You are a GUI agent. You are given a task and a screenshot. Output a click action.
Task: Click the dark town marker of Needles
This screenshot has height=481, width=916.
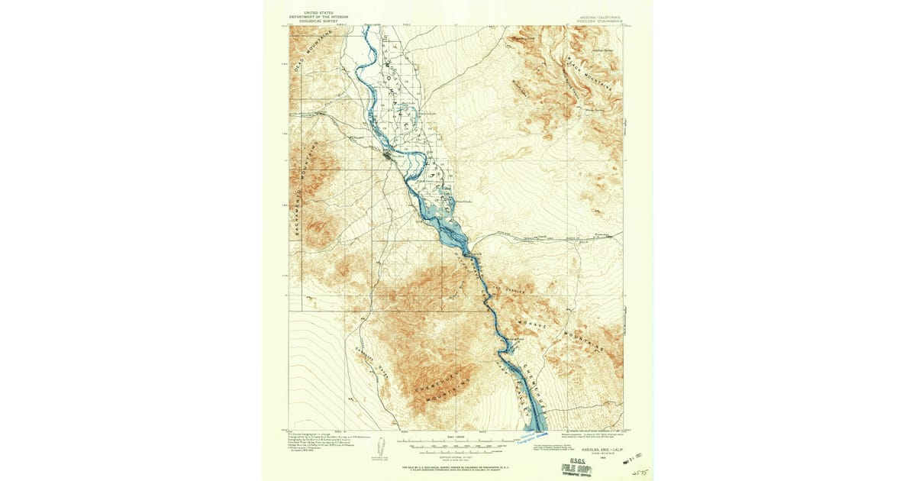(x=389, y=156)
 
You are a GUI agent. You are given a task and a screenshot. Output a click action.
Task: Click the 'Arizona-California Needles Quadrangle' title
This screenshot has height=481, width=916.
(x=594, y=18)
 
